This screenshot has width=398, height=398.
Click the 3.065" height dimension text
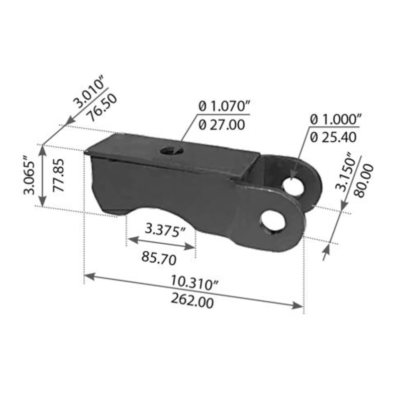(x=29, y=177)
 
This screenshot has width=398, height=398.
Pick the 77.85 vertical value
(x=59, y=177)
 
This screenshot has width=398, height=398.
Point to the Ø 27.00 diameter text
(x=221, y=125)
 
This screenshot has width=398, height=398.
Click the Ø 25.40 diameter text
(x=333, y=136)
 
